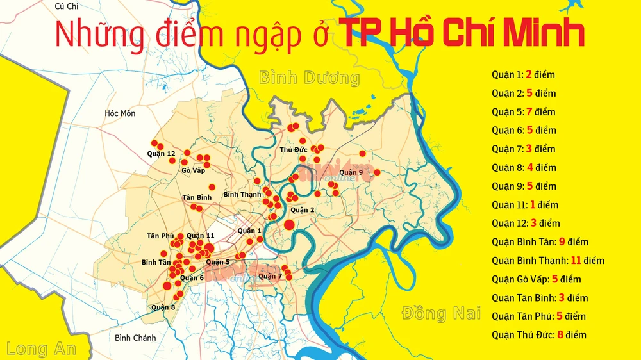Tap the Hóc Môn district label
click(121, 113)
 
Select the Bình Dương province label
click(309, 78)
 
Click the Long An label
click(42, 348)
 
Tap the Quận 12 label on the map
click(161, 154)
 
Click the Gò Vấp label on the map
click(193, 170)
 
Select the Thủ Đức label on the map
click(294, 150)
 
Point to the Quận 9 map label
click(352, 172)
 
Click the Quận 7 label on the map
click(270, 276)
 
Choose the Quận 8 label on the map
click(163, 307)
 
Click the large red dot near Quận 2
click(289, 224)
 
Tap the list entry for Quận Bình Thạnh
click(548, 261)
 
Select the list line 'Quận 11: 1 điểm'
click(525, 205)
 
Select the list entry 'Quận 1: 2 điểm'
click(523, 74)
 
